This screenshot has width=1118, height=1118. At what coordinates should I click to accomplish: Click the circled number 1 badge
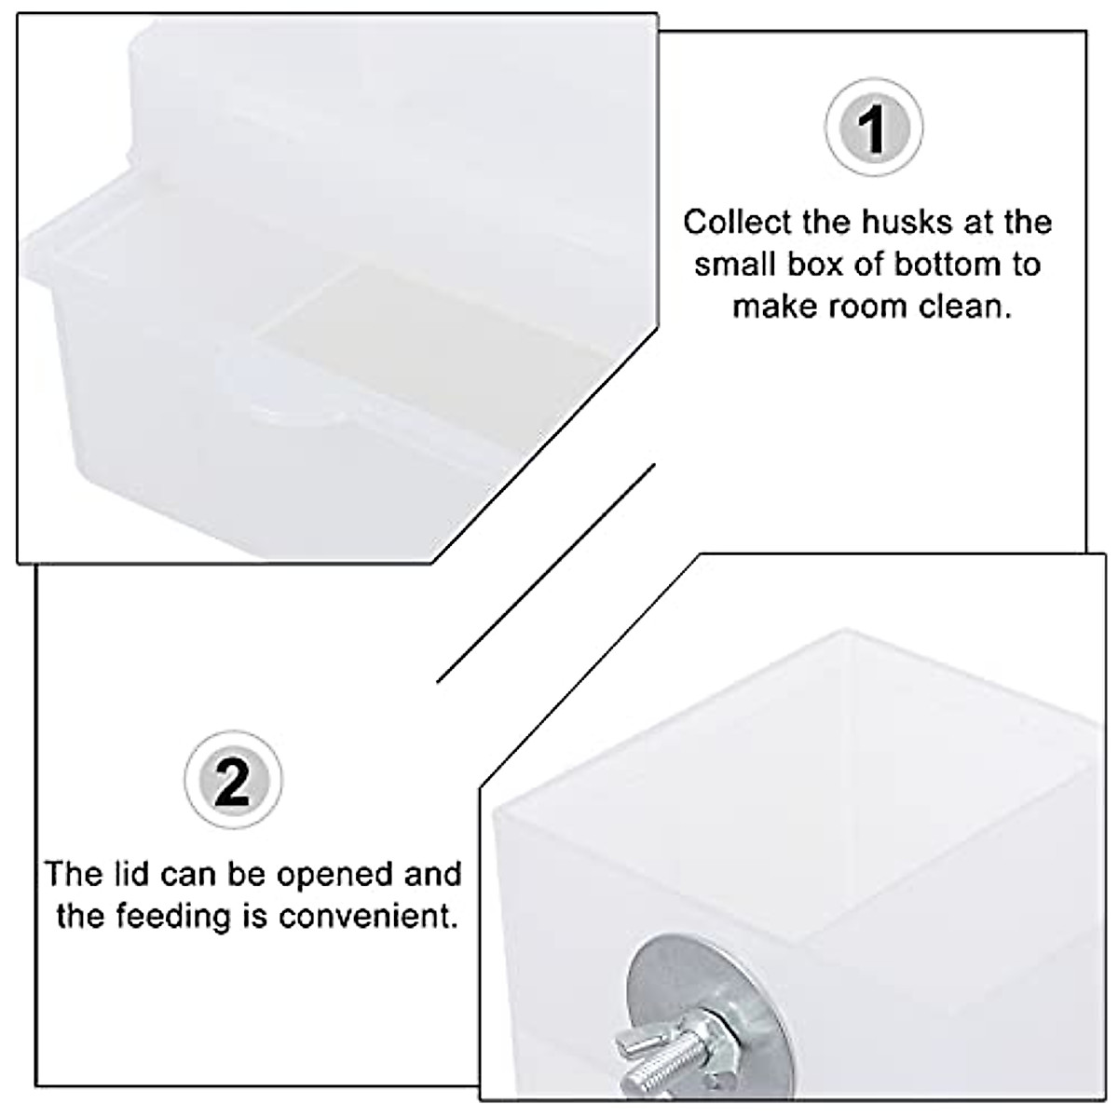point(873,129)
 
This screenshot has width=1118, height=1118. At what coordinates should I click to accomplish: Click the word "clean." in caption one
point(964,306)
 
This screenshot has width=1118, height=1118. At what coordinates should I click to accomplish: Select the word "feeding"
point(173,917)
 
